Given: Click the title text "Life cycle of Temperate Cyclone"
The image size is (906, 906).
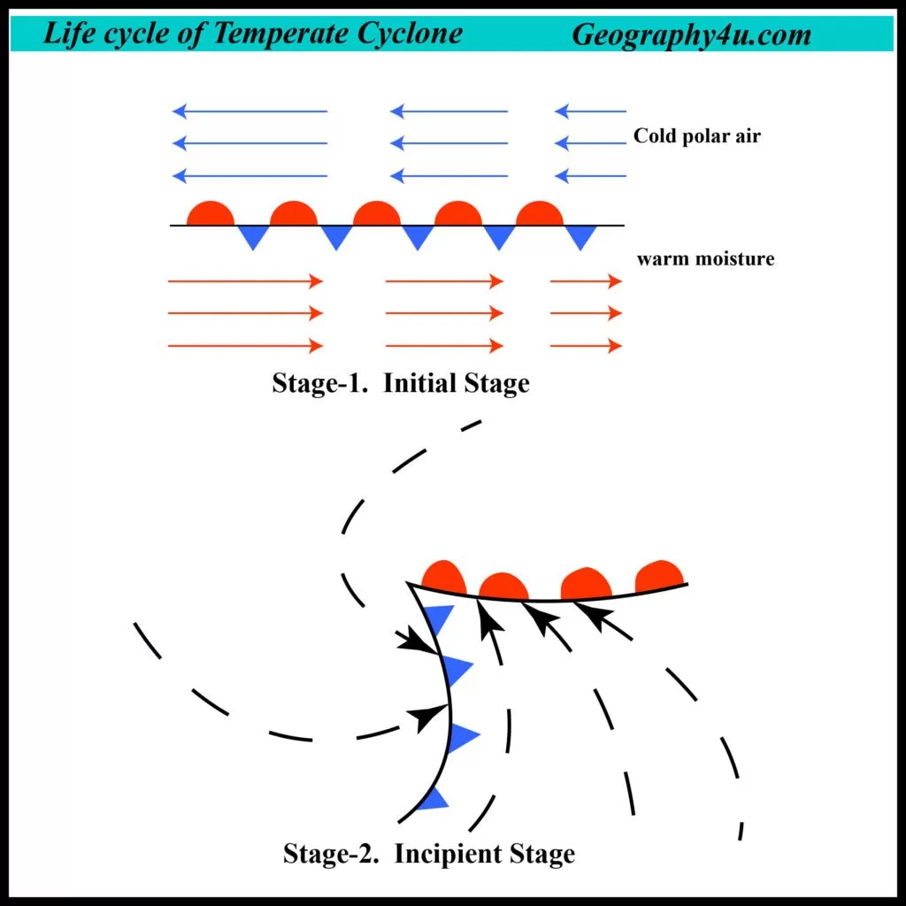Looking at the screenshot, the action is [x=252, y=34].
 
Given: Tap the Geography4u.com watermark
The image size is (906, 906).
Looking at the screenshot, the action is [x=692, y=35].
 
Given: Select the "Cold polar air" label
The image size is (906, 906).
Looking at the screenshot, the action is [x=697, y=135].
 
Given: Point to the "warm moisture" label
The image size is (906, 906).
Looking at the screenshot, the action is [x=705, y=258].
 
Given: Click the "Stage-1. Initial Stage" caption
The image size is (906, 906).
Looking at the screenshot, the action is [x=401, y=382].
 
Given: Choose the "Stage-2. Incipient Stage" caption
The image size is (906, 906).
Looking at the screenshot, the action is [x=429, y=854].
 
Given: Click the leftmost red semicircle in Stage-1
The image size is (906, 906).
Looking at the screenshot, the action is [x=211, y=213].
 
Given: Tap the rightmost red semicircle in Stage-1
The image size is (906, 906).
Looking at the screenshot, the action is [x=540, y=213].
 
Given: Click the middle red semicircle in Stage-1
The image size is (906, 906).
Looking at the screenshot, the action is [x=377, y=213].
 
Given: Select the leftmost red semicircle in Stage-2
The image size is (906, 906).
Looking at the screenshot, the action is [x=444, y=577].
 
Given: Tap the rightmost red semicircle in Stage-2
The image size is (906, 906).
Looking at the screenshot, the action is [x=659, y=577].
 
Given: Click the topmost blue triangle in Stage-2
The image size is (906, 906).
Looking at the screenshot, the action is [x=438, y=617].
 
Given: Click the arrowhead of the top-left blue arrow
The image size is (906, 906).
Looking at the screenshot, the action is [x=180, y=111].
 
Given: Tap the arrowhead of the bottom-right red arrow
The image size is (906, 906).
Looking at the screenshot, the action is [x=615, y=346].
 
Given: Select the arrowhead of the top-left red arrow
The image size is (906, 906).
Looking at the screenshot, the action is [x=316, y=281].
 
